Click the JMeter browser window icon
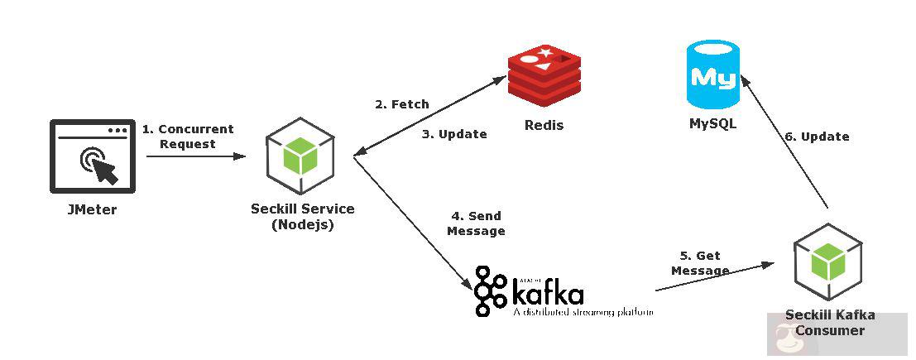(x=92, y=156)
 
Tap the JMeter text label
(x=92, y=209)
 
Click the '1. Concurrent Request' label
(x=188, y=137)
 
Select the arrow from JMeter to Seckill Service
(x=195, y=156)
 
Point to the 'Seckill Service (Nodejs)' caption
(x=302, y=217)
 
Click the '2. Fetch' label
(x=401, y=104)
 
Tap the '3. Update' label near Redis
(x=454, y=133)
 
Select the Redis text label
(x=544, y=125)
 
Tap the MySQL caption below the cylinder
(x=712, y=124)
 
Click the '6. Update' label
(x=817, y=137)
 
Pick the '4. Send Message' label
(x=476, y=223)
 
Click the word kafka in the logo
(x=547, y=293)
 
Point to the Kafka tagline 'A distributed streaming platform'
(x=583, y=313)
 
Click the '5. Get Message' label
(x=700, y=263)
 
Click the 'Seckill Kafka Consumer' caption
(x=829, y=323)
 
